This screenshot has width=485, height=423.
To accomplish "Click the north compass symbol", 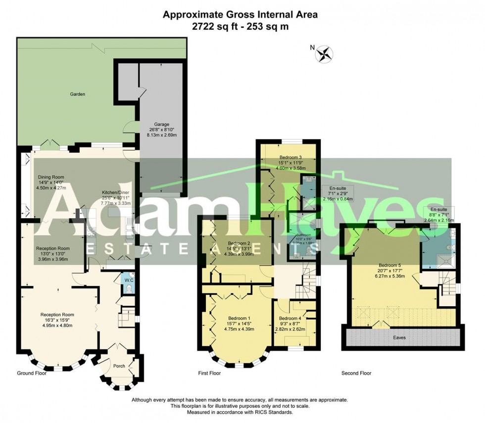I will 325,53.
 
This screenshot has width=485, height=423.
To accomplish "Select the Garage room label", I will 161,124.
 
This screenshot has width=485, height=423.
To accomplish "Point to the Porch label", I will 118,366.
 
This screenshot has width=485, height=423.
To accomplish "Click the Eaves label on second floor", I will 399,337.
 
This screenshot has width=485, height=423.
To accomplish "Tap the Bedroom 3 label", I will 287,158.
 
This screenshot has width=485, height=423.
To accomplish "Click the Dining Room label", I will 51,177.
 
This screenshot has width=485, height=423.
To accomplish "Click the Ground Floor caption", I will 32,373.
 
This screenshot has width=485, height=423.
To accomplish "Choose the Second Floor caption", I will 356,373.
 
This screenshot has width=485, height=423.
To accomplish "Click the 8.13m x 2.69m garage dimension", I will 161,135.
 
